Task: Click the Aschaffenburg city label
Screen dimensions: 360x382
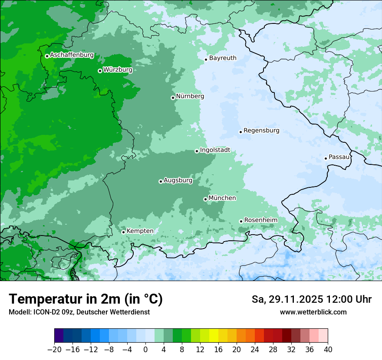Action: point(72,55)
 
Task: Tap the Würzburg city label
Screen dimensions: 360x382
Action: point(117,70)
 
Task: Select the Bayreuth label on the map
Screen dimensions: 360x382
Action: point(223,58)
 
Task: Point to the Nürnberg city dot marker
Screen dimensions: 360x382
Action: point(173,98)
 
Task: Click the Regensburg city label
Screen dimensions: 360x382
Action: point(261,131)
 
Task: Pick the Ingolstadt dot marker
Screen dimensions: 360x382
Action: point(197,151)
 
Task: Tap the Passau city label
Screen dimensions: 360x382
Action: point(339,157)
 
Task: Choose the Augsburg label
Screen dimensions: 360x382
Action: point(178,180)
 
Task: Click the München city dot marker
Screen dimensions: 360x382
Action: point(205,199)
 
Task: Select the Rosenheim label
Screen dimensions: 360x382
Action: point(260,220)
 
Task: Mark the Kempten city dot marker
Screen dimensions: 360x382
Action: point(123,232)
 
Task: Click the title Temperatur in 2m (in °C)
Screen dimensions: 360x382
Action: point(86,299)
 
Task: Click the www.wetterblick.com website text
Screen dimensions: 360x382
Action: point(313,312)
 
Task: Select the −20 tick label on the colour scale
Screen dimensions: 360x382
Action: point(54,350)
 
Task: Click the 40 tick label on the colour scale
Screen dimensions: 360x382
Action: point(328,350)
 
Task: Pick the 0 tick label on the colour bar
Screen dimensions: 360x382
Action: point(145,350)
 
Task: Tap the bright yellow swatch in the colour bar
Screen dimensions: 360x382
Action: point(214,336)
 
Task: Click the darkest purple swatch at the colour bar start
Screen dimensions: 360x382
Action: point(59,336)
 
